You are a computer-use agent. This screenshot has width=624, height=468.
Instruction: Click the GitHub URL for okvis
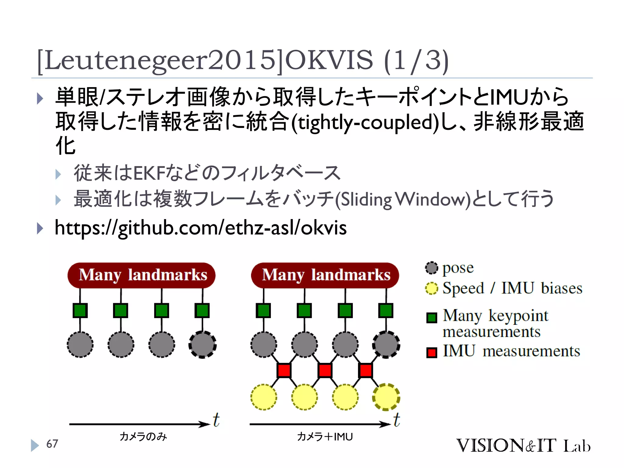[200, 228]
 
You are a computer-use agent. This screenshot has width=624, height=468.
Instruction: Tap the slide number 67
[52, 444]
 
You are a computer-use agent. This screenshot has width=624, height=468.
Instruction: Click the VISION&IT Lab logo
[523, 445]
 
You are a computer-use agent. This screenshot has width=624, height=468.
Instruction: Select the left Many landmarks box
[141, 275]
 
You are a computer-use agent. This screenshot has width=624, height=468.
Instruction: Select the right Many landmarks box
[325, 275]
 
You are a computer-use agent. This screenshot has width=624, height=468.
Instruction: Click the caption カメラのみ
[143, 437]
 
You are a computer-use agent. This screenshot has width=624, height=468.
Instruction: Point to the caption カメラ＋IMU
[325, 437]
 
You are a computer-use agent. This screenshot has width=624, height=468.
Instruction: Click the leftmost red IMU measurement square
[284, 370]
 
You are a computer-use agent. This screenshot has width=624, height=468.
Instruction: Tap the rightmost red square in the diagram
[366, 370]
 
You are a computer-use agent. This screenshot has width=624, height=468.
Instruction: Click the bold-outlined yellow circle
[386, 397]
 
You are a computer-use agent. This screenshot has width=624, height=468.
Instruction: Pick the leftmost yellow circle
[264, 397]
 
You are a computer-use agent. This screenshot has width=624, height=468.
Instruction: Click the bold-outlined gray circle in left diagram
[203, 345]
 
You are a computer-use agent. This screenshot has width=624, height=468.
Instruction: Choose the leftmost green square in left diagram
[80, 310]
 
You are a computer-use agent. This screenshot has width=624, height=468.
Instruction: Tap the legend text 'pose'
[458, 268]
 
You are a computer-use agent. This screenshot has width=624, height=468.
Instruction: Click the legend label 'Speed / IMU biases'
[512, 288]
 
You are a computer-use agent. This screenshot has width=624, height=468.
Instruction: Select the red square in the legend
[431, 353]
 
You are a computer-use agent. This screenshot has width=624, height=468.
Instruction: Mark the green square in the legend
[431, 318]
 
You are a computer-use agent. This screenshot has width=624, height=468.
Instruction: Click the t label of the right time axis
[396, 420]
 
